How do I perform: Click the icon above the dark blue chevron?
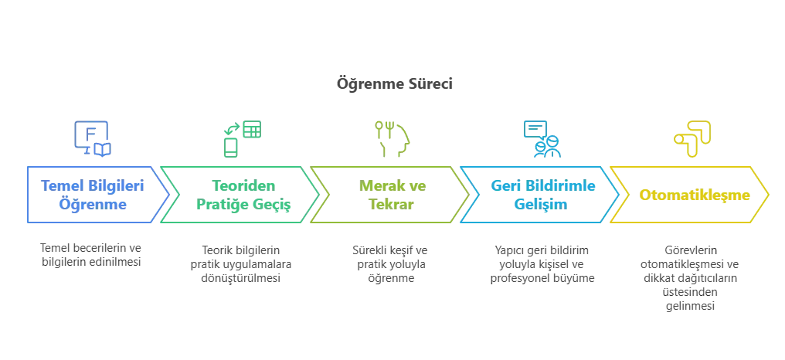90,136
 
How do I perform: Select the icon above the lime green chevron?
392,138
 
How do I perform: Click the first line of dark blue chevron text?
91,185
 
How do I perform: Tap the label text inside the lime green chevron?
392,195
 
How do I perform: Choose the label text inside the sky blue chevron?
540,195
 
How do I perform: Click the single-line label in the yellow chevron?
695,195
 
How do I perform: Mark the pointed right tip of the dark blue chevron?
172,195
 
